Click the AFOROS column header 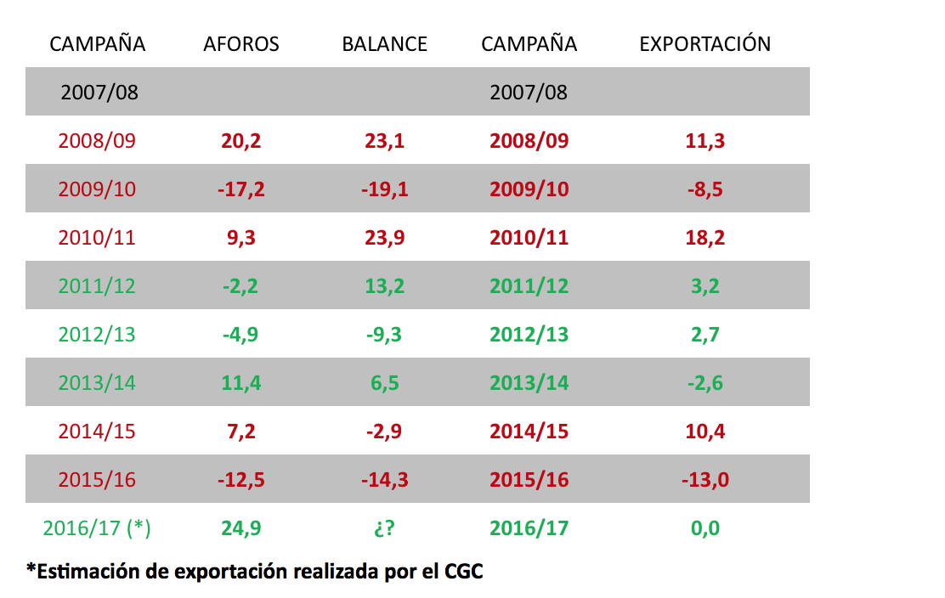tap(241, 44)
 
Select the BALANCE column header tap(384, 44)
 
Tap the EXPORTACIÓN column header tap(705, 44)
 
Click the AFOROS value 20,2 tap(241, 141)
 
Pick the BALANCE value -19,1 tap(384, 189)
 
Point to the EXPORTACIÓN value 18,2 tap(705, 238)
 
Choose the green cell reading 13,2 tap(384, 286)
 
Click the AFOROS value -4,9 tap(241, 335)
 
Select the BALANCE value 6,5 tap(384, 383)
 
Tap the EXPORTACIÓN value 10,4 tap(705, 432)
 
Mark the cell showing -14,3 tap(384, 480)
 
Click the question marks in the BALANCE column tap(384, 528)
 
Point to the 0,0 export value tap(705, 528)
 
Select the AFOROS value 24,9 tap(241, 528)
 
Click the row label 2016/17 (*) tap(97, 528)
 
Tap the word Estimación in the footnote tap(79, 571)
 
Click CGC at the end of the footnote tap(463, 571)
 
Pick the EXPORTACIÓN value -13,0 tap(705, 480)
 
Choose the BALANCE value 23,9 tap(384, 238)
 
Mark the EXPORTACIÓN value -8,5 tap(705, 189)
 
